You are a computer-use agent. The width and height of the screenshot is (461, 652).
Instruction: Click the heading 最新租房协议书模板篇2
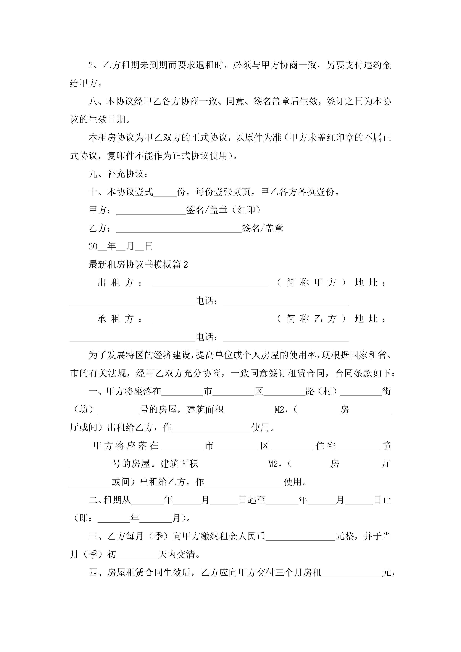138,265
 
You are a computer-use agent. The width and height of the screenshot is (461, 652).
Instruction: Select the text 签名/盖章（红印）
223,210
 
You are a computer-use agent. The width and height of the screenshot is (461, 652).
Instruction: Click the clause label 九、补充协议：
118,174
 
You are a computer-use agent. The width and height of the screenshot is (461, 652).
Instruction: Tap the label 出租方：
120,283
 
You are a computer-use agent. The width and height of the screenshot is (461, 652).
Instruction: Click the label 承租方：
120,319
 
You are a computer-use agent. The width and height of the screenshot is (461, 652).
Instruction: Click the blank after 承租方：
210,319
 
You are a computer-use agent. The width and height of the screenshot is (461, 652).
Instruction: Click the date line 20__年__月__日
120,246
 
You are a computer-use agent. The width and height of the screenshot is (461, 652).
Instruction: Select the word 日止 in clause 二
382,500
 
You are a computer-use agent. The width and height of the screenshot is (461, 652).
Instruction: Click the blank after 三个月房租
352,573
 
